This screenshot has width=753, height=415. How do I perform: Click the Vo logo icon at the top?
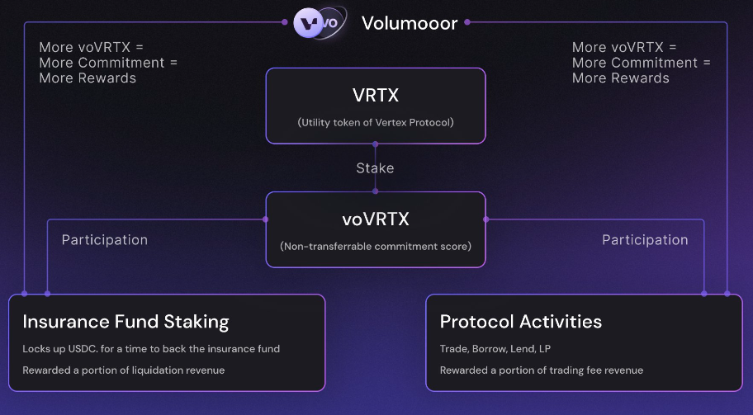click(x=320, y=22)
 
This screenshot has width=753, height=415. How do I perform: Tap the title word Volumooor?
click(x=410, y=23)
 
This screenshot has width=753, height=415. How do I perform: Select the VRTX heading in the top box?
click(x=376, y=95)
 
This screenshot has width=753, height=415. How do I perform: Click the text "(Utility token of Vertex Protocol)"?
click(x=376, y=122)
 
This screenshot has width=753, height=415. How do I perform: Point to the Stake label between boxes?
click(x=375, y=168)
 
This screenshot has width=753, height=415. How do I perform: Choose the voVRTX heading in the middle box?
click(x=376, y=219)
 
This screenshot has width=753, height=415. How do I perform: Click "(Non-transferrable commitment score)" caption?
click(x=376, y=246)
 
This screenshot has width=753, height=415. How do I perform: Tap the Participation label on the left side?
click(x=105, y=240)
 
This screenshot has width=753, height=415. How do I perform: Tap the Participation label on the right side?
click(x=645, y=240)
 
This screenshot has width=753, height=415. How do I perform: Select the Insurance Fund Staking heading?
click(x=125, y=322)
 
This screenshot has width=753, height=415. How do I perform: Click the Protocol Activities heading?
click(x=520, y=322)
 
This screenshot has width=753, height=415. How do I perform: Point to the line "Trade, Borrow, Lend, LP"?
click(x=495, y=349)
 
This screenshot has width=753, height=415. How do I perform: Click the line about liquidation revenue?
click(x=123, y=370)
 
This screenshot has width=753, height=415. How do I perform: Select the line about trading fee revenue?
click(x=542, y=370)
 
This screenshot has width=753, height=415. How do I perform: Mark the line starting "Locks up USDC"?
click(x=151, y=349)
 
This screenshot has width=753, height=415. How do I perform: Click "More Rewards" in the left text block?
click(x=88, y=78)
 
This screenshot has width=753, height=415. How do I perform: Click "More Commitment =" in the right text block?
click(x=641, y=63)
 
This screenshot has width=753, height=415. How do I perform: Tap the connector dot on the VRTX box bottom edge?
click(x=376, y=144)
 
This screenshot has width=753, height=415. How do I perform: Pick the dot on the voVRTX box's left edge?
click(x=266, y=219)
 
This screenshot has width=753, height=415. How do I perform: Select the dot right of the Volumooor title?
click(x=467, y=22)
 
